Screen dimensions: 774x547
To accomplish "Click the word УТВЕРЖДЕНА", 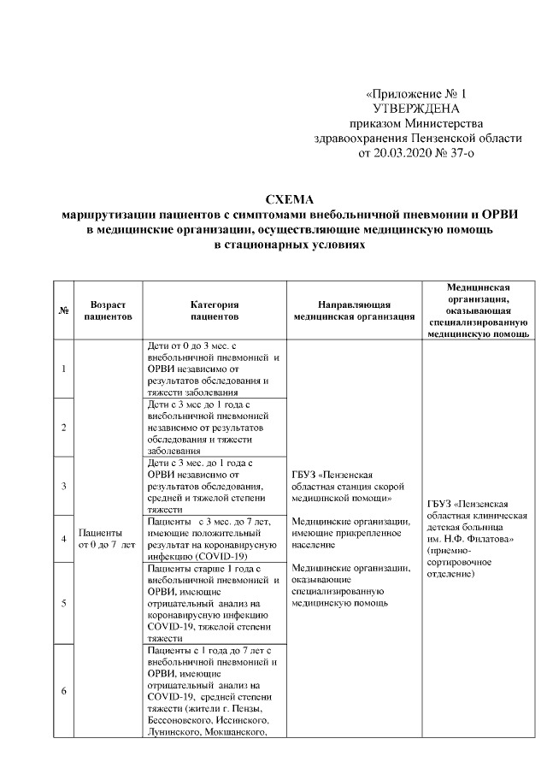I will click(416, 109).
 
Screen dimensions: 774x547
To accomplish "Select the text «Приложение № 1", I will click(416, 93).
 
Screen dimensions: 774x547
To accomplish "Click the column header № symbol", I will click(62, 310).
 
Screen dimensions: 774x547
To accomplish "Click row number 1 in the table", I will click(63, 369).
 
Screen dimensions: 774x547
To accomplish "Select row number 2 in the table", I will click(63, 426).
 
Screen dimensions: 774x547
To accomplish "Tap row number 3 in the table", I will click(63, 485).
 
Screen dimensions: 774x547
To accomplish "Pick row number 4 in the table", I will click(63, 538).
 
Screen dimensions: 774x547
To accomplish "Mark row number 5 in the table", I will click(63, 603).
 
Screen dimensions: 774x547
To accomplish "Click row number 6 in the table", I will click(63, 691).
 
